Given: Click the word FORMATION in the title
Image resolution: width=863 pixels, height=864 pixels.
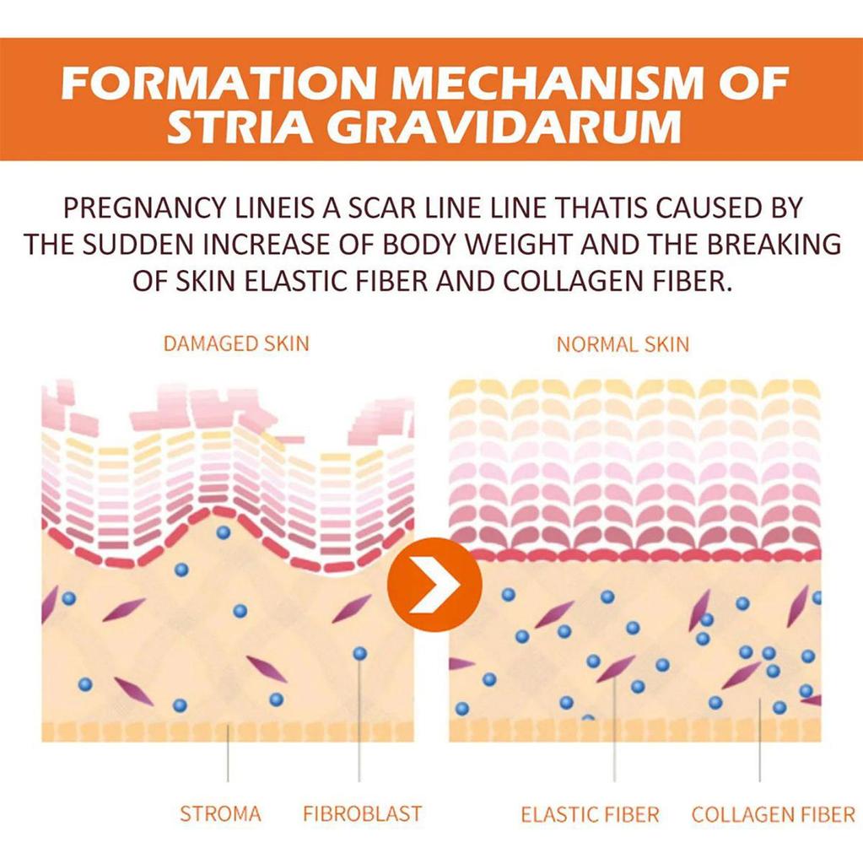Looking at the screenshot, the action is coord(217,84).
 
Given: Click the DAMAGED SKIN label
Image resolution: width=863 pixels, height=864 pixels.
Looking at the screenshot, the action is coord(236,343).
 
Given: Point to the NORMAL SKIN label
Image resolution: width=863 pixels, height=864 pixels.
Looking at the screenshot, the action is coord(623,344).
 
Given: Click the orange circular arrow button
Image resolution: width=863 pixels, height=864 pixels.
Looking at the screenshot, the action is coord(434,585).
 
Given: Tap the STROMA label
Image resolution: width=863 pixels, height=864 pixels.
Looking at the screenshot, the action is coord(220,814).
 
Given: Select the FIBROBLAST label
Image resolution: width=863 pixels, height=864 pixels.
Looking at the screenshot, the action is coord(362,814).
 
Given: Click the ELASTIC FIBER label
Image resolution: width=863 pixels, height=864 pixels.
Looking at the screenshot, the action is coord(591,814).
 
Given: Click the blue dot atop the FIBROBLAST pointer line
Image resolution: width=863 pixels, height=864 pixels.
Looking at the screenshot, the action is coord(359,654).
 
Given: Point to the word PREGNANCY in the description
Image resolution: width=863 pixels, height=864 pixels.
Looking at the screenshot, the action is coord(144,208).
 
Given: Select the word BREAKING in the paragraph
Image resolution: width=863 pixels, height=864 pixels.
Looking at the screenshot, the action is coord(774,244).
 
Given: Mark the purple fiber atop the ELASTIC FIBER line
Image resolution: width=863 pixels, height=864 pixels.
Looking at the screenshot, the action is coord(615,668).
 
